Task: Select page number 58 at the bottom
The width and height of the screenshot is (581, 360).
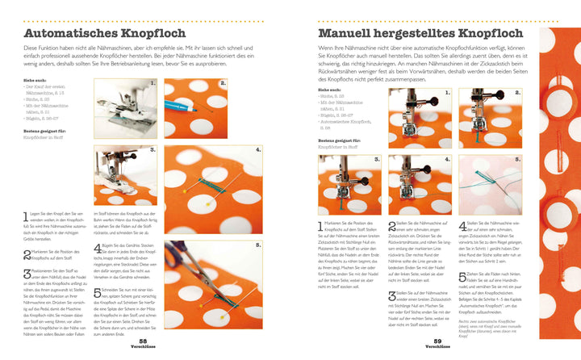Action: [x=165, y=341]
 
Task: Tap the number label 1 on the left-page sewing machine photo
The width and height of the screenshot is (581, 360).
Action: [x=153, y=83]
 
